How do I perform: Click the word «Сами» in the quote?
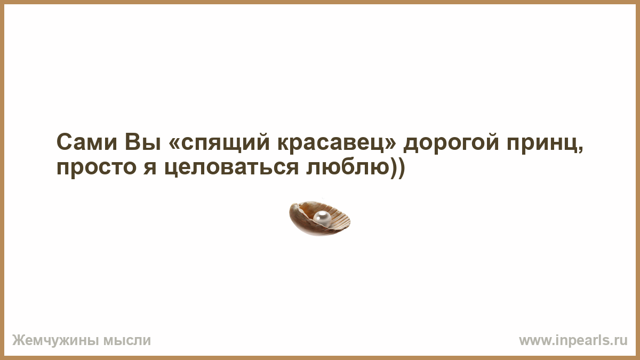click(x=87, y=142)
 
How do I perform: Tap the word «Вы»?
click(x=143, y=142)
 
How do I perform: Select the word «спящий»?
click(x=225, y=143)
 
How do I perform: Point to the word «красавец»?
click(x=330, y=143)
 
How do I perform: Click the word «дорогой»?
click(x=451, y=143)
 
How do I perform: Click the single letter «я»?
click(x=150, y=167)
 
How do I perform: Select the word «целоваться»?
click(x=231, y=168)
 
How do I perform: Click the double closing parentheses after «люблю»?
click(x=397, y=168)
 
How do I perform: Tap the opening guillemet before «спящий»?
click(x=174, y=143)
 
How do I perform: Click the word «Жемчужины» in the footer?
click(x=55, y=341)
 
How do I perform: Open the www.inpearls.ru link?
click(x=573, y=341)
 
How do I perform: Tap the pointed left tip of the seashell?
click(x=291, y=210)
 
